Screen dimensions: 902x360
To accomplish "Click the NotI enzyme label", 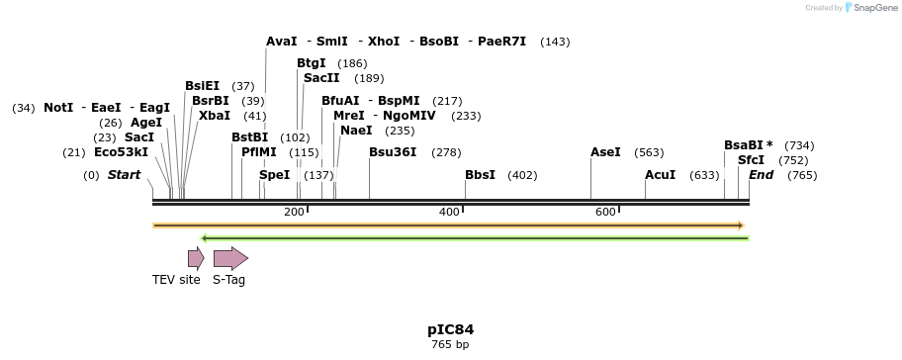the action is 58,108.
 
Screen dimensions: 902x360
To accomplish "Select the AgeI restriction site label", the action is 145,123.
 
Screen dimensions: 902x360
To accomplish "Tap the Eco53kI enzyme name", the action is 121,152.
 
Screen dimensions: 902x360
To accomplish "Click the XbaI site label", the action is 214,116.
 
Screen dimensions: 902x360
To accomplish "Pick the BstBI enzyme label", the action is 249,137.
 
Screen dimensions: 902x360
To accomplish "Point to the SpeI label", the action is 275,175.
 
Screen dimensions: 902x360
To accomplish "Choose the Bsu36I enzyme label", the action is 393,152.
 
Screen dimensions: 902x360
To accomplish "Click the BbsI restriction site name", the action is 480,175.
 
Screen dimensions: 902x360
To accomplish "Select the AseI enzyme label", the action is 605,152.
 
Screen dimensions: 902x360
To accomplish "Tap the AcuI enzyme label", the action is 660,175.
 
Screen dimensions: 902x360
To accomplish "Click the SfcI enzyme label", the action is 751,160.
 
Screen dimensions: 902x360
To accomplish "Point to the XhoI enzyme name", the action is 384,42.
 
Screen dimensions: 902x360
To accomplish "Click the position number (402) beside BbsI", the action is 521,175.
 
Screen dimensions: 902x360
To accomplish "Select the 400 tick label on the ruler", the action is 449,213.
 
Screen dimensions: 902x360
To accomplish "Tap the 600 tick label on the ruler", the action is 605,213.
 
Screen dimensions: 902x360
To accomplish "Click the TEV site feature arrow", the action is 196,259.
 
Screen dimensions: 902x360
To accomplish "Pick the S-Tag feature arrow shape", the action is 230,259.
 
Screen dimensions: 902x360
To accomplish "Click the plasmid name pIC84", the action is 450,329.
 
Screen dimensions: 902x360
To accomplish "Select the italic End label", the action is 761,175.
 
